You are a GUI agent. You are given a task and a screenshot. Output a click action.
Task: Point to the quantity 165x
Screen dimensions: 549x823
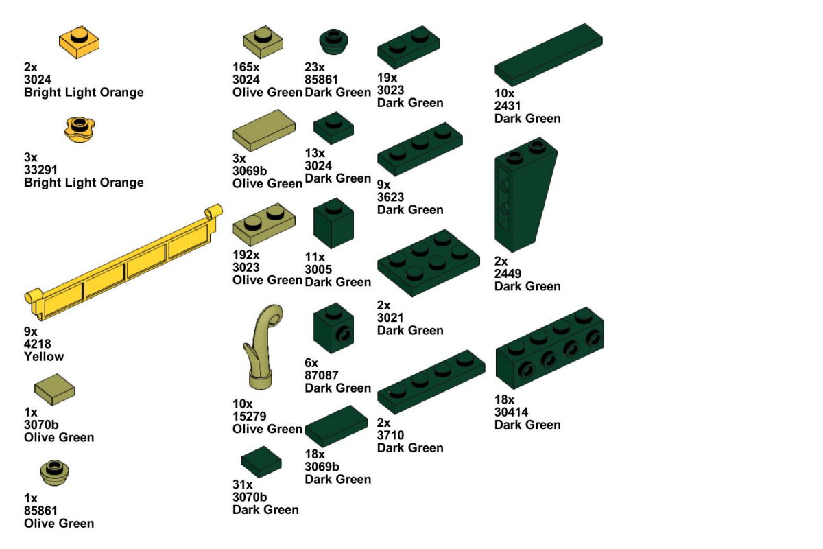tap(246, 67)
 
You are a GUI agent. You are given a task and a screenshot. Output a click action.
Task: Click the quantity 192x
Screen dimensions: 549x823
tap(246, 255)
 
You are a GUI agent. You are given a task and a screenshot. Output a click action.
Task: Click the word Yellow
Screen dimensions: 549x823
tap(44, 356)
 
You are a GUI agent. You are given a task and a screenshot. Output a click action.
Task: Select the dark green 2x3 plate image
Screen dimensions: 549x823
tap(429, 263)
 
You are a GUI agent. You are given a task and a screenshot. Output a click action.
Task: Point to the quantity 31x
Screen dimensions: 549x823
tap(243, 484)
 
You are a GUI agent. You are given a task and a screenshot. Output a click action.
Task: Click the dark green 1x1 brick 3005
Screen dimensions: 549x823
tap(333, 223)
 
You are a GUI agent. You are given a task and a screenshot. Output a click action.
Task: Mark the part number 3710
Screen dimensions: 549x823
tap(390, 435)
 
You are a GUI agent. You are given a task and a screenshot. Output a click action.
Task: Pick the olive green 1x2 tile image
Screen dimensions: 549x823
tap(264, 130)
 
